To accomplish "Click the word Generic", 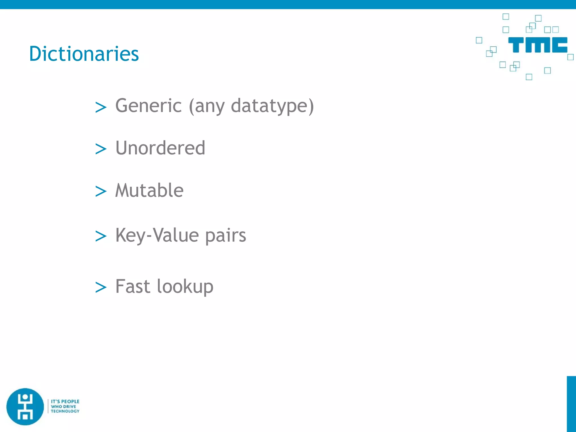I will [148, 106].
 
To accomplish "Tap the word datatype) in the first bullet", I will [272, 106].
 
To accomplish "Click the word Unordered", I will [160, 148].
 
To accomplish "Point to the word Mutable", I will [149, 190].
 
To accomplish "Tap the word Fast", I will [132, 286].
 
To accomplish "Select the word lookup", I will [185, 287].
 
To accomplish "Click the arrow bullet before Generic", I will [101, 107].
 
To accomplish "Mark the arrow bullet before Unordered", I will [101, 149].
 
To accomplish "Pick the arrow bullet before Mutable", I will [101, 192].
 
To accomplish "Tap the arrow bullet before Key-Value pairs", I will [101, 236].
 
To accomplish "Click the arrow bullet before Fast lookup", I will [101, 287].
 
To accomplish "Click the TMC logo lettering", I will [537, 45].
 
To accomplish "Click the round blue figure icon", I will [25, 407].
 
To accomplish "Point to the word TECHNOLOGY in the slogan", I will [65, 411].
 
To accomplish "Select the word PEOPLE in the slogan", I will [70, 401].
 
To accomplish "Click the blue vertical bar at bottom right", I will [571, 404].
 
